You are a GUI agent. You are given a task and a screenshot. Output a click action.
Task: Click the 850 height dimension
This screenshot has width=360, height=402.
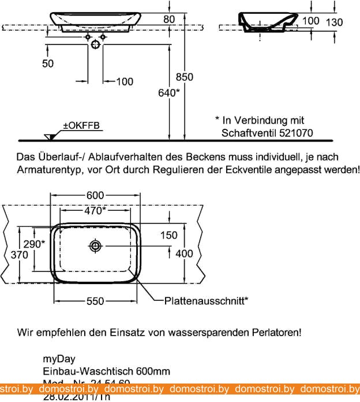tap(185, 77)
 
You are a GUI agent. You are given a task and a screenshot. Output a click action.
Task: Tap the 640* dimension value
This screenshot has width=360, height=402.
tap(168, 92)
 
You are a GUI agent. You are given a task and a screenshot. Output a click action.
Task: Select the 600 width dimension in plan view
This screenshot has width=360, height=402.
tap(96, 196)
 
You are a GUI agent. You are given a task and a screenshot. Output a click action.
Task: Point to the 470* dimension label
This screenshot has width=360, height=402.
tap(96, 211)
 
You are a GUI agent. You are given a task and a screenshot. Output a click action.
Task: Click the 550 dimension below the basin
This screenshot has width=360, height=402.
tap(96, 301)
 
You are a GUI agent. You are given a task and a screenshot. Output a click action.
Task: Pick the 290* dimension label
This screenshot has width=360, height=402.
tap(35, 244)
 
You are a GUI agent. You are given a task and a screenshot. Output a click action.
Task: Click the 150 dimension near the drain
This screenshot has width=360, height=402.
tap(169, 235)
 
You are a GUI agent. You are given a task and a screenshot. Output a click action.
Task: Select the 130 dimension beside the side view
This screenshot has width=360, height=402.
tap(334, 22)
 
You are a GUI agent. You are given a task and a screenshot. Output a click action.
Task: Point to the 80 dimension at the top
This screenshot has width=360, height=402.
tap(169, 19)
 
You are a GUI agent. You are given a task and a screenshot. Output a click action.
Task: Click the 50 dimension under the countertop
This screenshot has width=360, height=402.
tap(48, 64)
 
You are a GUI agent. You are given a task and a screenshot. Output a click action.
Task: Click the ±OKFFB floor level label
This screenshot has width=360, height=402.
tap(81, 125)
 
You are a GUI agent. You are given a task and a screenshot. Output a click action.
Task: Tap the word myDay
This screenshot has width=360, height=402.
tap(59, 359)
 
